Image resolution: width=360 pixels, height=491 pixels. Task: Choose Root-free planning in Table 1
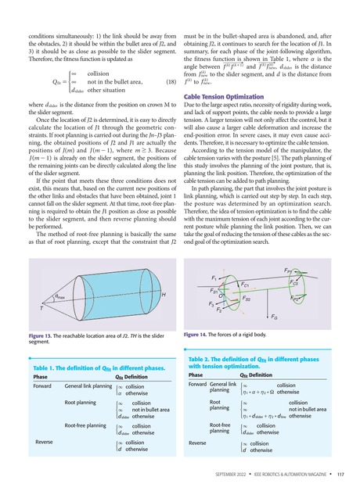[88, 425]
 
